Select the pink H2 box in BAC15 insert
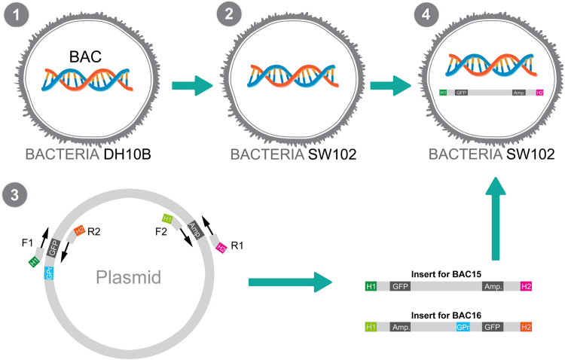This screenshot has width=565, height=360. coord(527,286)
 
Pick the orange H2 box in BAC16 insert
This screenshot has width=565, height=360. coord(527,327)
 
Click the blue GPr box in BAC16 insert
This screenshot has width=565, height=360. coord(463,327)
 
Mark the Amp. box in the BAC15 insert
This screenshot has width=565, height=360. coord(494,286)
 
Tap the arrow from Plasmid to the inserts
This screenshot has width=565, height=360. coord(290,284)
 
